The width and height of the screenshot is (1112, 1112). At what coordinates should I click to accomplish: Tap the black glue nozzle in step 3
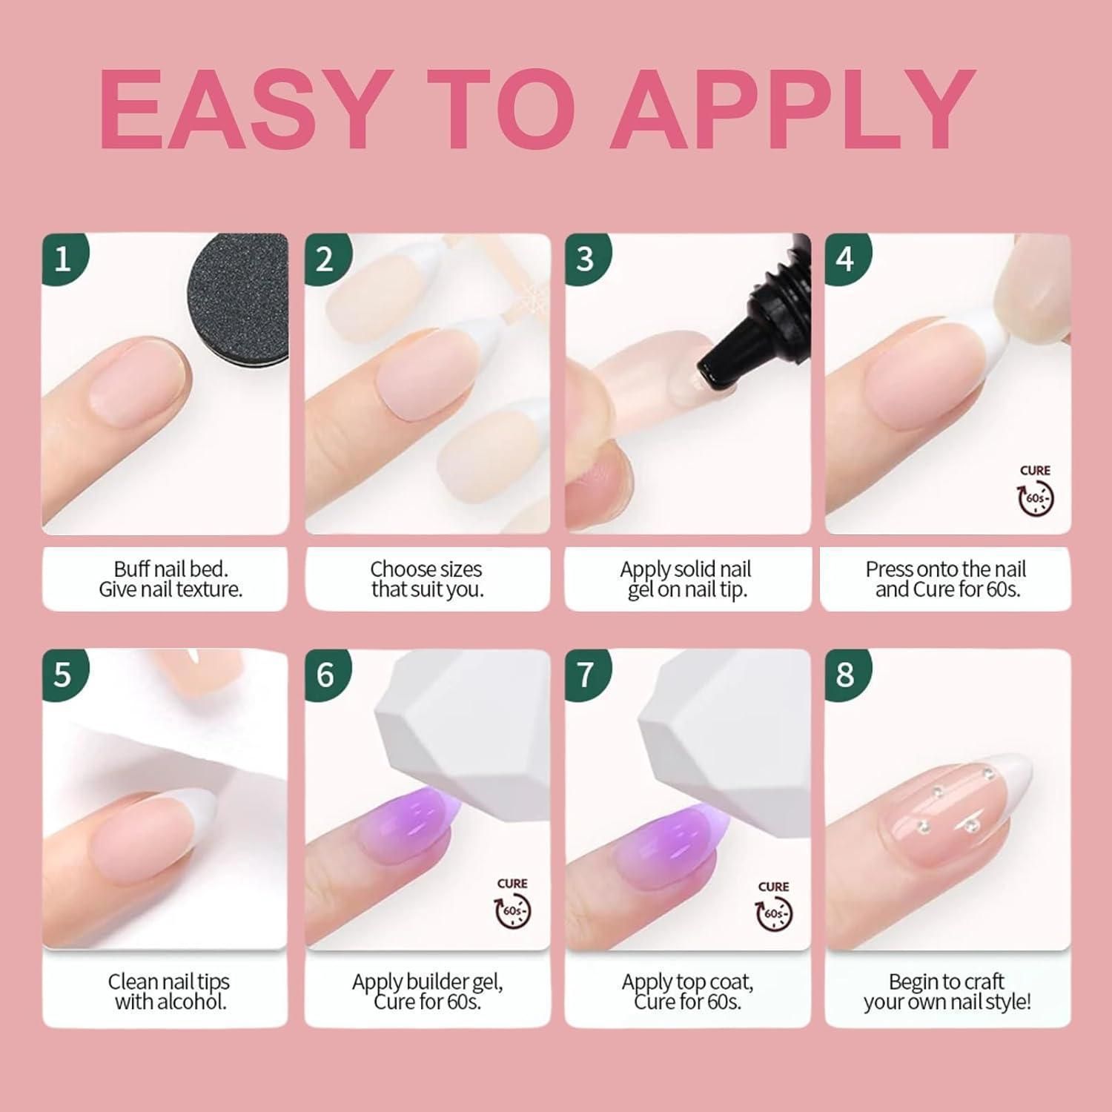coord(749,331)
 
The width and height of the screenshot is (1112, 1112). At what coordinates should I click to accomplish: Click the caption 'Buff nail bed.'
coord(171,569)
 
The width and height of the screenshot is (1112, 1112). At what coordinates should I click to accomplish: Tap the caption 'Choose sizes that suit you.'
coord(426,579)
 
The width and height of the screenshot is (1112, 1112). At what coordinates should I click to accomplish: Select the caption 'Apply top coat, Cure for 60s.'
coord(687,992)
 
